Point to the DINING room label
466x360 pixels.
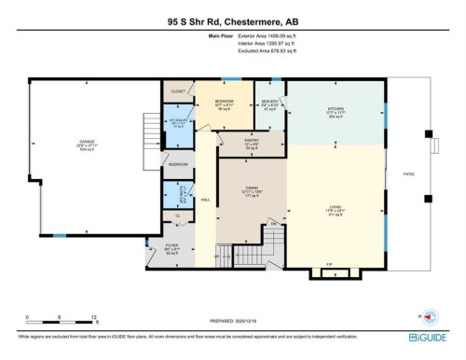250,188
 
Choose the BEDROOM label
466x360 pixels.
224,100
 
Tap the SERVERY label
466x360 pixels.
270,100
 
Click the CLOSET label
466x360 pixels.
178,91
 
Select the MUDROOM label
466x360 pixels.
178,164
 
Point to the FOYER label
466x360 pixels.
158,245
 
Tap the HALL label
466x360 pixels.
205,200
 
